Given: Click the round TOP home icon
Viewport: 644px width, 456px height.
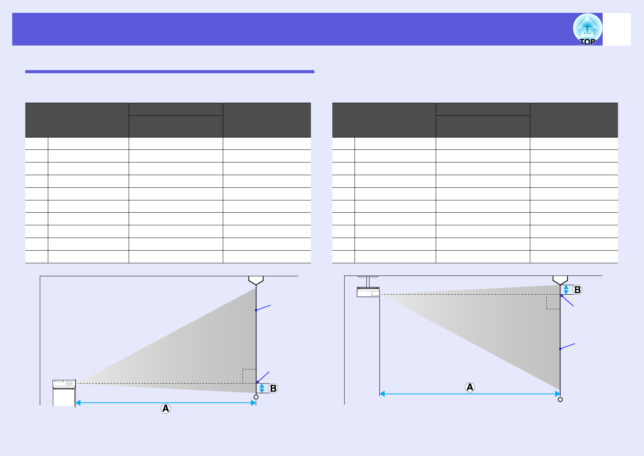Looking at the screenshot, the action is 587,29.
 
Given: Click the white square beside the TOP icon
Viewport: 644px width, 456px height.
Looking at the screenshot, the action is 617,29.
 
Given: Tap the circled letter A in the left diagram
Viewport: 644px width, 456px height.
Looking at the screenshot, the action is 165,408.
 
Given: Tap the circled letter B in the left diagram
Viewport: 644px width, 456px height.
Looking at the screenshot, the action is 273,389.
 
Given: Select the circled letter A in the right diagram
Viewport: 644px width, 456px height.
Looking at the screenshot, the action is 470,387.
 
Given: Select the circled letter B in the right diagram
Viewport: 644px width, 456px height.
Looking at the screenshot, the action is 577,290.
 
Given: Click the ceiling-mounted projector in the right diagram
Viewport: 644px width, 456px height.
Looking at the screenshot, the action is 368,292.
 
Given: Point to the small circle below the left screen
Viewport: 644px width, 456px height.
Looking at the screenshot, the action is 256,397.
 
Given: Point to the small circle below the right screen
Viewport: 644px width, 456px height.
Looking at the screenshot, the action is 560,399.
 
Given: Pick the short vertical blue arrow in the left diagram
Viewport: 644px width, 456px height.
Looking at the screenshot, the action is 262,389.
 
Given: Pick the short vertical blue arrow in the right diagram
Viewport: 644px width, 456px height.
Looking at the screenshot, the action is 566,290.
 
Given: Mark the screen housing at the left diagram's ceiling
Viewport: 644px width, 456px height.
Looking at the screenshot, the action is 256,280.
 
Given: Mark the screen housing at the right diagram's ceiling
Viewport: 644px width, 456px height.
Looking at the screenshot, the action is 560,280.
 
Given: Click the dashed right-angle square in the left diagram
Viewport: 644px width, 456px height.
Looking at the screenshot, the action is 249,376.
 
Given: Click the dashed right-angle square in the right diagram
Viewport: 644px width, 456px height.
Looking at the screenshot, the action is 553,302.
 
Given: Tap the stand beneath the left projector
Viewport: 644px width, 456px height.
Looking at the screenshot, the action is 64,397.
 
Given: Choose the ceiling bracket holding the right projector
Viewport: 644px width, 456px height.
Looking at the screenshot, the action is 368,281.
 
